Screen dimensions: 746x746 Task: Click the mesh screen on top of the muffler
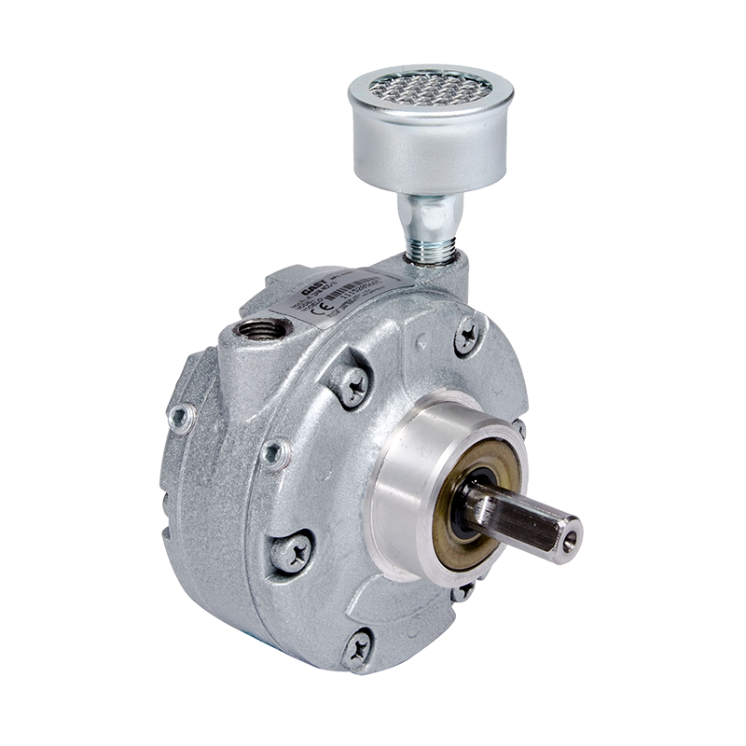[x=430, y=90]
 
